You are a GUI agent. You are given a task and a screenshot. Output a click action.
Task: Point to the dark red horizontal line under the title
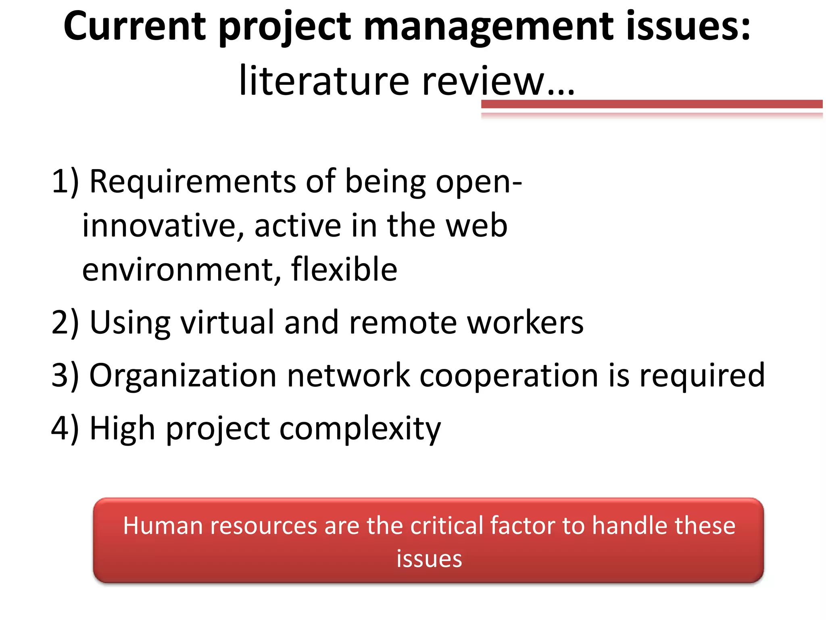coord(651,104)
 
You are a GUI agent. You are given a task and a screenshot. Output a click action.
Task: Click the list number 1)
coord(65,182)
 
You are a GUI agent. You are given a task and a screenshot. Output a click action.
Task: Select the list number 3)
coord(65,375)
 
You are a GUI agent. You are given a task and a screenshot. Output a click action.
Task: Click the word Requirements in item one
coord(192,182)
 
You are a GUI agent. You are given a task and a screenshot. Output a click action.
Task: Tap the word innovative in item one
coord(163,226)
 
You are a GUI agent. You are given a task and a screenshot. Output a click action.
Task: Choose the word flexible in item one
coord(344,269)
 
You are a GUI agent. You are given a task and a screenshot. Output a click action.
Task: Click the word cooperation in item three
coord(509,376)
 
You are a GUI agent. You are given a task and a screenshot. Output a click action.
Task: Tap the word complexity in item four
coord(360,429)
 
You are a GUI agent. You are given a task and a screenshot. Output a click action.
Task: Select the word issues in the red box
coord(429,559)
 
